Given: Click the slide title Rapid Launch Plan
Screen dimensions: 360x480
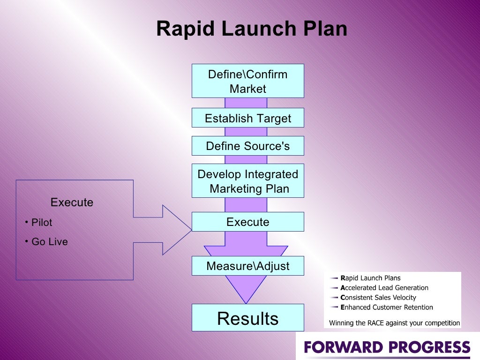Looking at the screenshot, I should click(251, 29).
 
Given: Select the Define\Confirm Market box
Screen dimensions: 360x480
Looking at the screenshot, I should click(247, 81).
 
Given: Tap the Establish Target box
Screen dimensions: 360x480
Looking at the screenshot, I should click(247, 118).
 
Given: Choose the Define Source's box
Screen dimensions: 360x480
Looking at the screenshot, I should click(247, 146).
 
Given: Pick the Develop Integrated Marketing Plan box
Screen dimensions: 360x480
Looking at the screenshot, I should click(247, 181).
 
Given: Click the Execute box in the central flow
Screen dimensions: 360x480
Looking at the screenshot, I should click(247, 222).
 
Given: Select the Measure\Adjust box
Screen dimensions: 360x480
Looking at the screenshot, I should click(247, 266).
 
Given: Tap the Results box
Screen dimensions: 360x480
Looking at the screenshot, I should click(247, 318).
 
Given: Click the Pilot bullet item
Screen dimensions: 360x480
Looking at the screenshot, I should click(42, 222).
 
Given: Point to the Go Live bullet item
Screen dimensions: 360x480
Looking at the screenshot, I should click(49, 242).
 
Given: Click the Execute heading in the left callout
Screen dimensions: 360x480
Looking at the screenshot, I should click(72, 202).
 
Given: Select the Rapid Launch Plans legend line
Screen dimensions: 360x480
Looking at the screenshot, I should click(370, 278).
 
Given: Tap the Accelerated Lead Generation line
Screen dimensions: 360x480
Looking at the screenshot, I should click(384, 288).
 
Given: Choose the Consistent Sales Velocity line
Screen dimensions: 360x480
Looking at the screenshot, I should click(378, 298).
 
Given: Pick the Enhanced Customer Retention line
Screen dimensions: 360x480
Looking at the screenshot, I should click(386, 307).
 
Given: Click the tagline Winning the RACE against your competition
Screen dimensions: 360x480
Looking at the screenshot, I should click(394, 323).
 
